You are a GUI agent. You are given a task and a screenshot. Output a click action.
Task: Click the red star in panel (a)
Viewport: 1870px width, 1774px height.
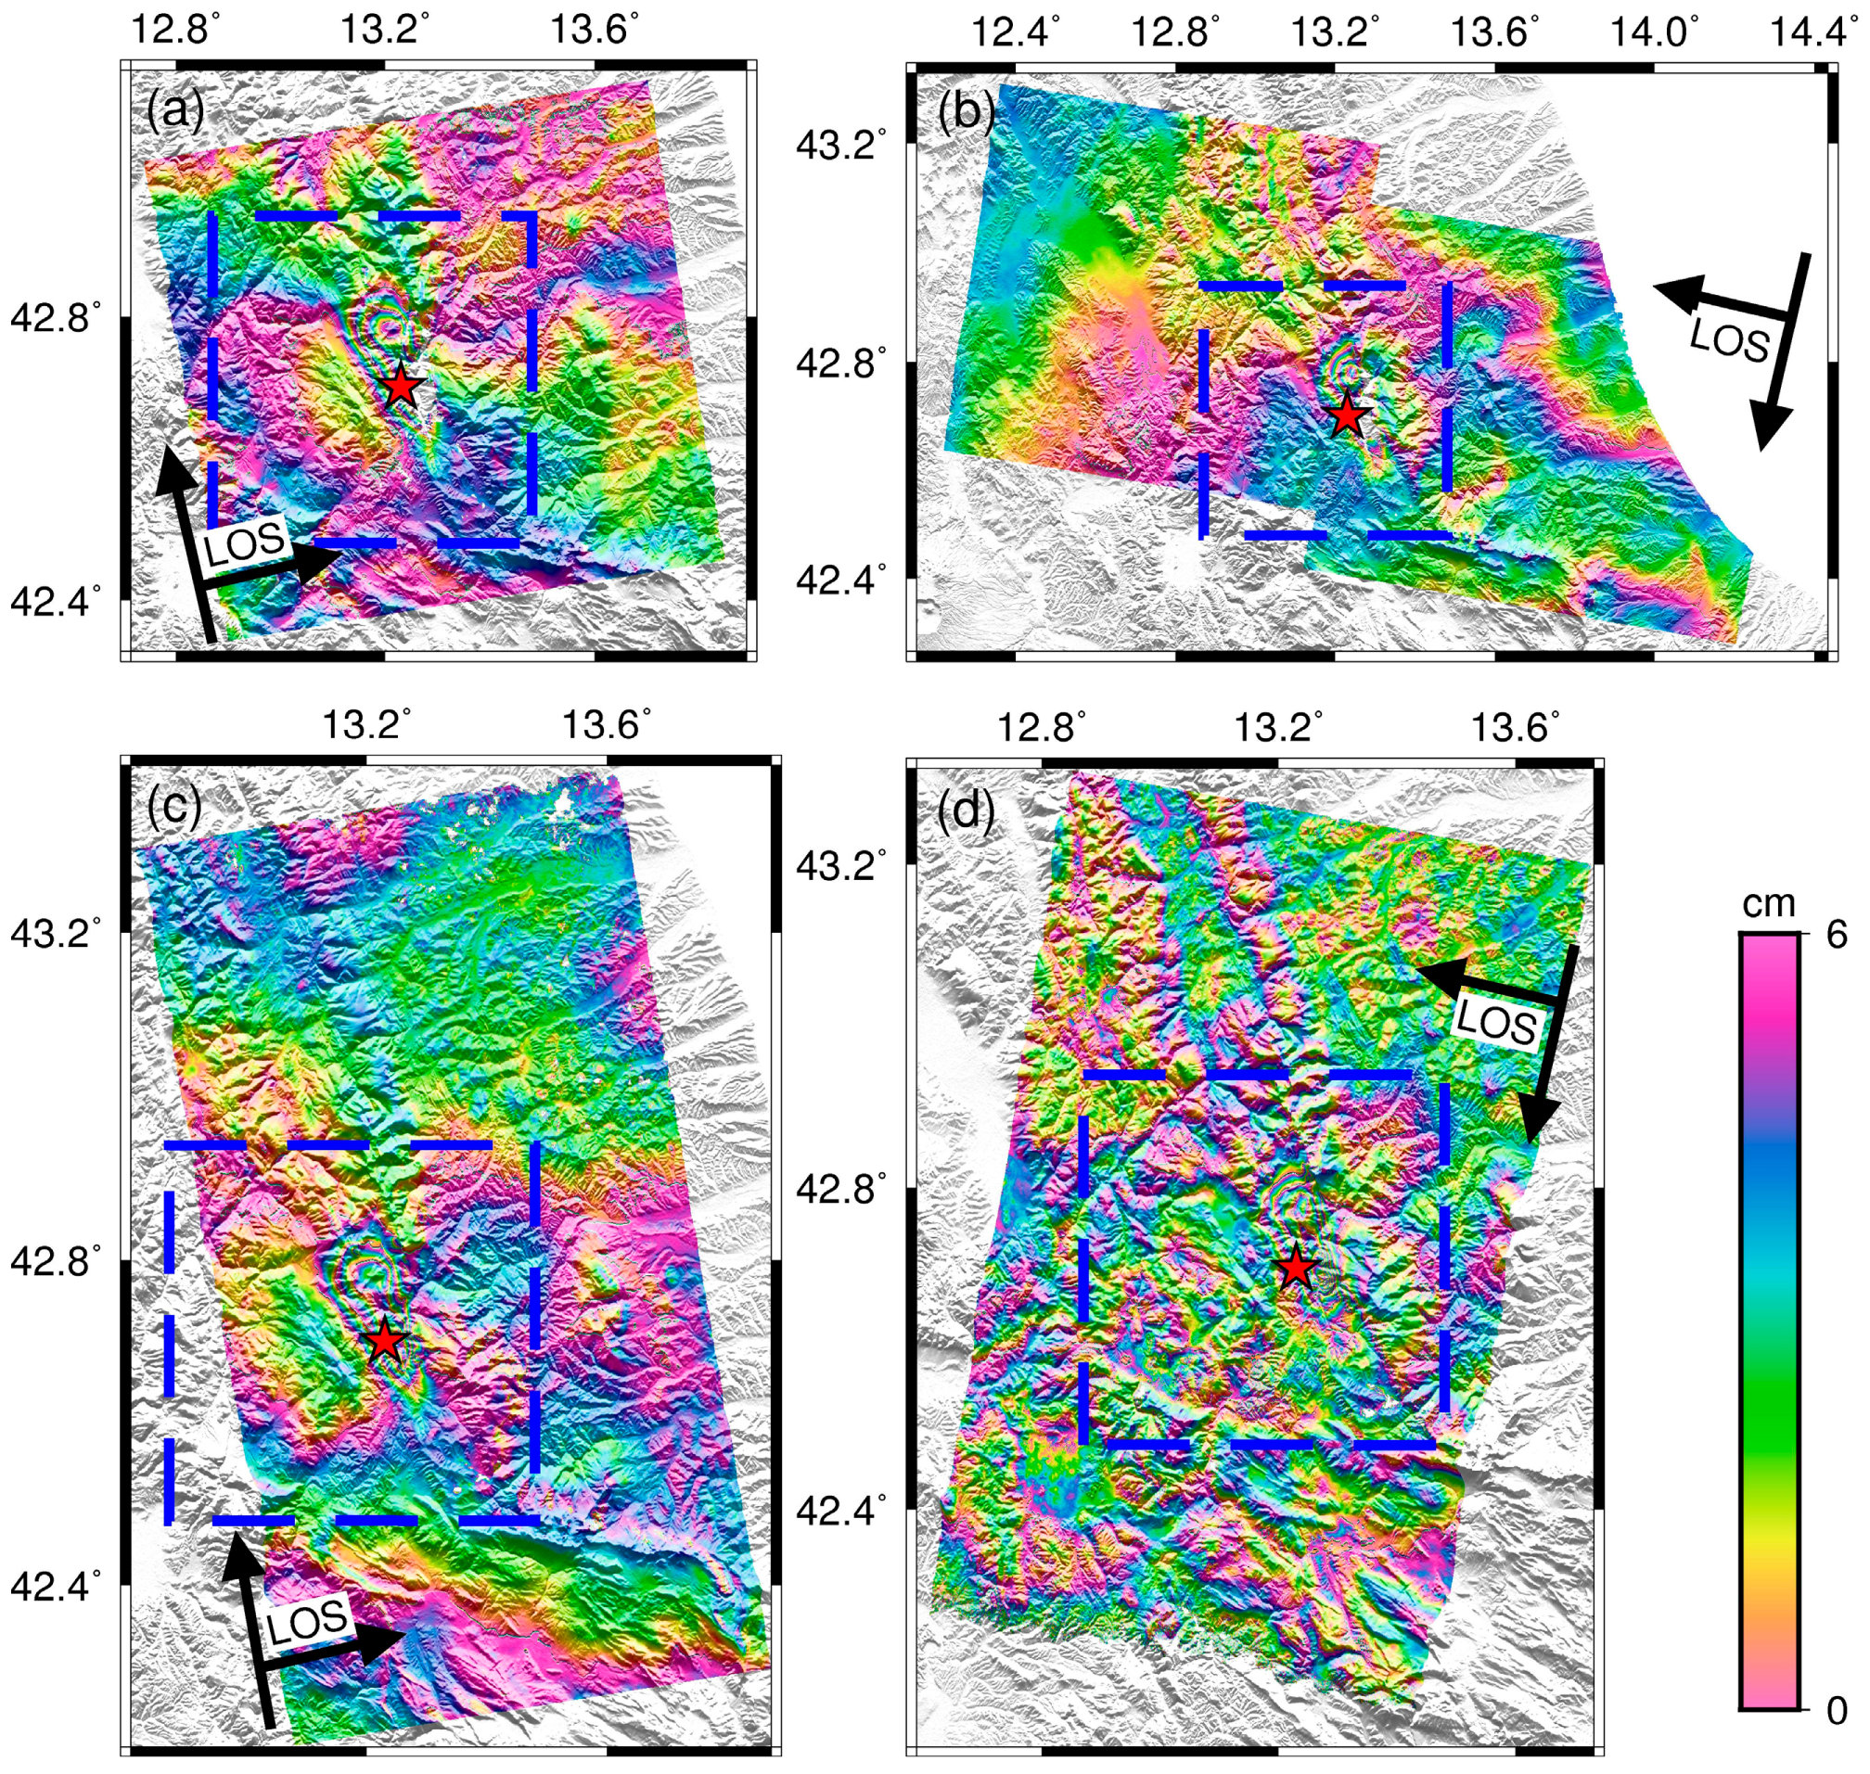tap(401, 385)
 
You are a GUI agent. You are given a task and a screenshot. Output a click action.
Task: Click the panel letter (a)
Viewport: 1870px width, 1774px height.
tap(175, 110)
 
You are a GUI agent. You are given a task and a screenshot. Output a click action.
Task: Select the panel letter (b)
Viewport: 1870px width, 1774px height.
tap(965, 111)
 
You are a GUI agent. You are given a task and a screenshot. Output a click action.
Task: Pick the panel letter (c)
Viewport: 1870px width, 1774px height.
tap(174, 806)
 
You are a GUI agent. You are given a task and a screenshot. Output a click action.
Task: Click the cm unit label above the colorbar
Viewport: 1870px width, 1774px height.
tap(1768, 903)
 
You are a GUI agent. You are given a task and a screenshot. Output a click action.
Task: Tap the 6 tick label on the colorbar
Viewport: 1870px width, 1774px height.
tap(1836, 936)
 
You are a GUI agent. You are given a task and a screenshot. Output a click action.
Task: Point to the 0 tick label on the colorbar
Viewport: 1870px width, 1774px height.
tap(1836, 1710)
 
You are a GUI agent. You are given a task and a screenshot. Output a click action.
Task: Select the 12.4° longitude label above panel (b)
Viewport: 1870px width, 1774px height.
tap(1014, 32)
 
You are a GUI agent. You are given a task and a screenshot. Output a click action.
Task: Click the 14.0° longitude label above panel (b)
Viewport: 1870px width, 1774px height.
tap(1652, 32)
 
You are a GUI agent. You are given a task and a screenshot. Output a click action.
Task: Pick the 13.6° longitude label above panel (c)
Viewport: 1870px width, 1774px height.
tap(607, 724)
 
